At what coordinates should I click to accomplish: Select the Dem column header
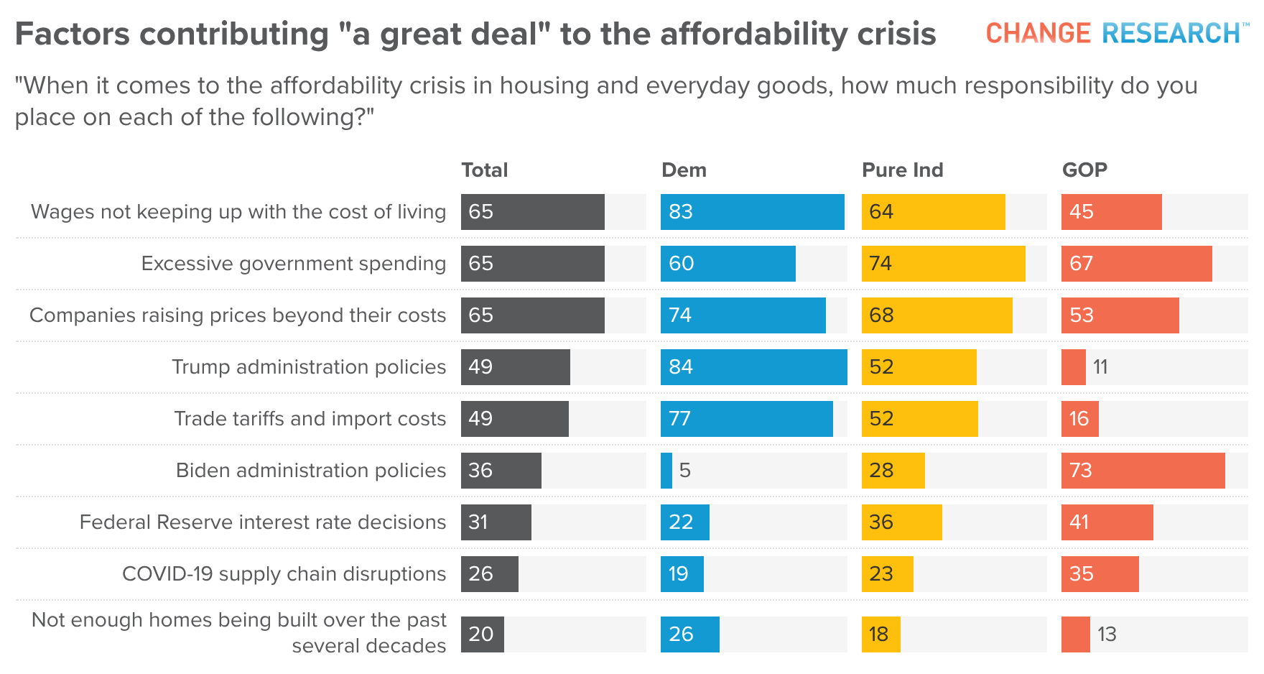click(x=684, y=170)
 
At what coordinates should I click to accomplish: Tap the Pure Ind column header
click(x=902, y=170)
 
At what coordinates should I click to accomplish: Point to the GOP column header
click(x=1084, y=170)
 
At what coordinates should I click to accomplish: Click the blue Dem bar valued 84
click(x=754, y=367)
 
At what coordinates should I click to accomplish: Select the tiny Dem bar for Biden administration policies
click(x=666, y=471)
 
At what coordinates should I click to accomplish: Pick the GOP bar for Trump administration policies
click(x=1074, y=367)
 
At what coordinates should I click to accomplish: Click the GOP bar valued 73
click(x=1143, y=471)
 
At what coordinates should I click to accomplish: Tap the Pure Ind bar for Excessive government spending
click(x=944, y=264)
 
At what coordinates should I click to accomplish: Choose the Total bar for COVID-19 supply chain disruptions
click(x=490, y=574)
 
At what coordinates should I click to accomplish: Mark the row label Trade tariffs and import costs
click(x=310, y=419)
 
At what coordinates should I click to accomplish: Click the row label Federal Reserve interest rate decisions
click(x=263, y=522)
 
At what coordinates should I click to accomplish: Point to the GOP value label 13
click(x=1107, y=634)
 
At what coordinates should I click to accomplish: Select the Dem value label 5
click(x=685, y=471)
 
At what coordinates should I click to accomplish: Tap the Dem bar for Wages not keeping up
click(x=753, y=212)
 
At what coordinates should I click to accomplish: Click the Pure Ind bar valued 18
click(x=881, y=634)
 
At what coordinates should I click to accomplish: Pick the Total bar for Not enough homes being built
click(x=483, y=634)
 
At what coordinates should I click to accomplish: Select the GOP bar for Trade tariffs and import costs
click(x=1080, y=419)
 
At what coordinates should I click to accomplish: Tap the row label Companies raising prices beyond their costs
click(x=238, y=315)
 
